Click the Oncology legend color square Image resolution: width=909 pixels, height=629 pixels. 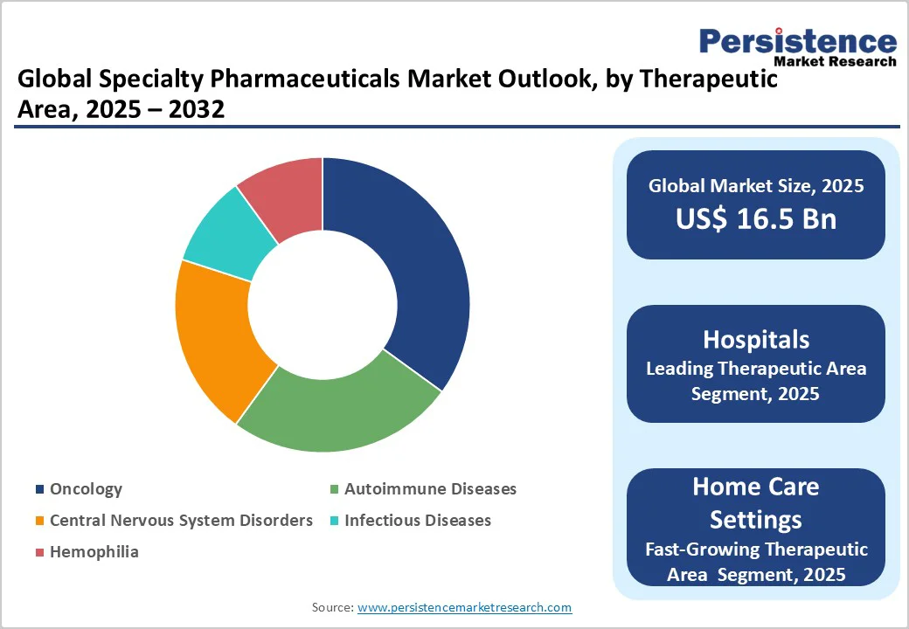(39, 489)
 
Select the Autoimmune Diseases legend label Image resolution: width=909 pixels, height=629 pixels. (430, 489)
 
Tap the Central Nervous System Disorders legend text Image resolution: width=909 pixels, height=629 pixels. (181, 521)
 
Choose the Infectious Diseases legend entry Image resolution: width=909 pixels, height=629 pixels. (417, 521)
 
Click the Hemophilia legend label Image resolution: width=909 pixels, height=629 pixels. (94, 552)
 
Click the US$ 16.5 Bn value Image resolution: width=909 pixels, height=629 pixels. (755, 218)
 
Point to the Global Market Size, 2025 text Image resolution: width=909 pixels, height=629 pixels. (755, 185)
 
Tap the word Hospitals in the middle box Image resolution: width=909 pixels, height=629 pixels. (755, 339)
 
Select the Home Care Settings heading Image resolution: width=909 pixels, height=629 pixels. (755, 502)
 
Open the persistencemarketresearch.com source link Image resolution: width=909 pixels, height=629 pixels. (464, 607)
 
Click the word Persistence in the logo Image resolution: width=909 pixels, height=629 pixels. (797, 41)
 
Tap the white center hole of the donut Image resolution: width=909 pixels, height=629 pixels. (323, 305)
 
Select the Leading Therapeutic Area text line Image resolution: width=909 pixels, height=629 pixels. (755, 368)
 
